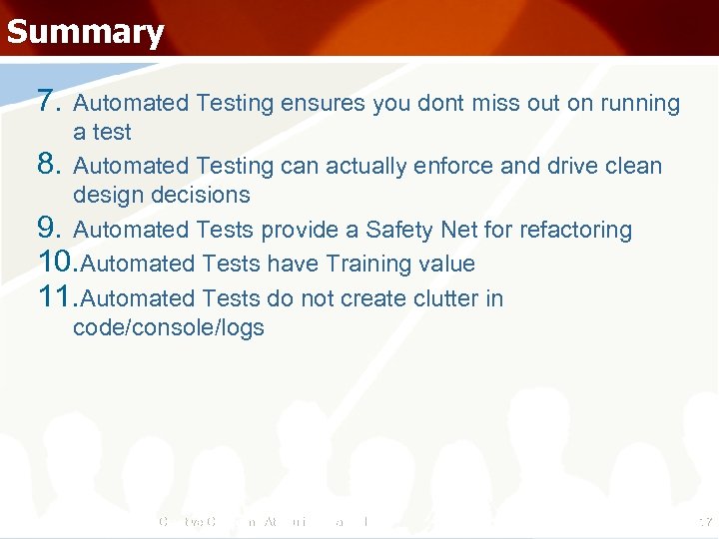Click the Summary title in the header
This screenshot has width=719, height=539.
tap(85, 32)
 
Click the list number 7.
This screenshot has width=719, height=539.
tap(51, 102)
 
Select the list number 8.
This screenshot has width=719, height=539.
tap(51, 165)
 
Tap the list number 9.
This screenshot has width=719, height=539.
tap(51, 230)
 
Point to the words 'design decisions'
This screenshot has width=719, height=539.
tap(161, 195)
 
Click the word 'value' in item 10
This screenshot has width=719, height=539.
tap(447, 265)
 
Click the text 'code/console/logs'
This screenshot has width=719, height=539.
tap(168, 328)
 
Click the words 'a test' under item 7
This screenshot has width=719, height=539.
tap(102, 132)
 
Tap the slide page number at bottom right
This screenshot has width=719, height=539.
tap(704, 521)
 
